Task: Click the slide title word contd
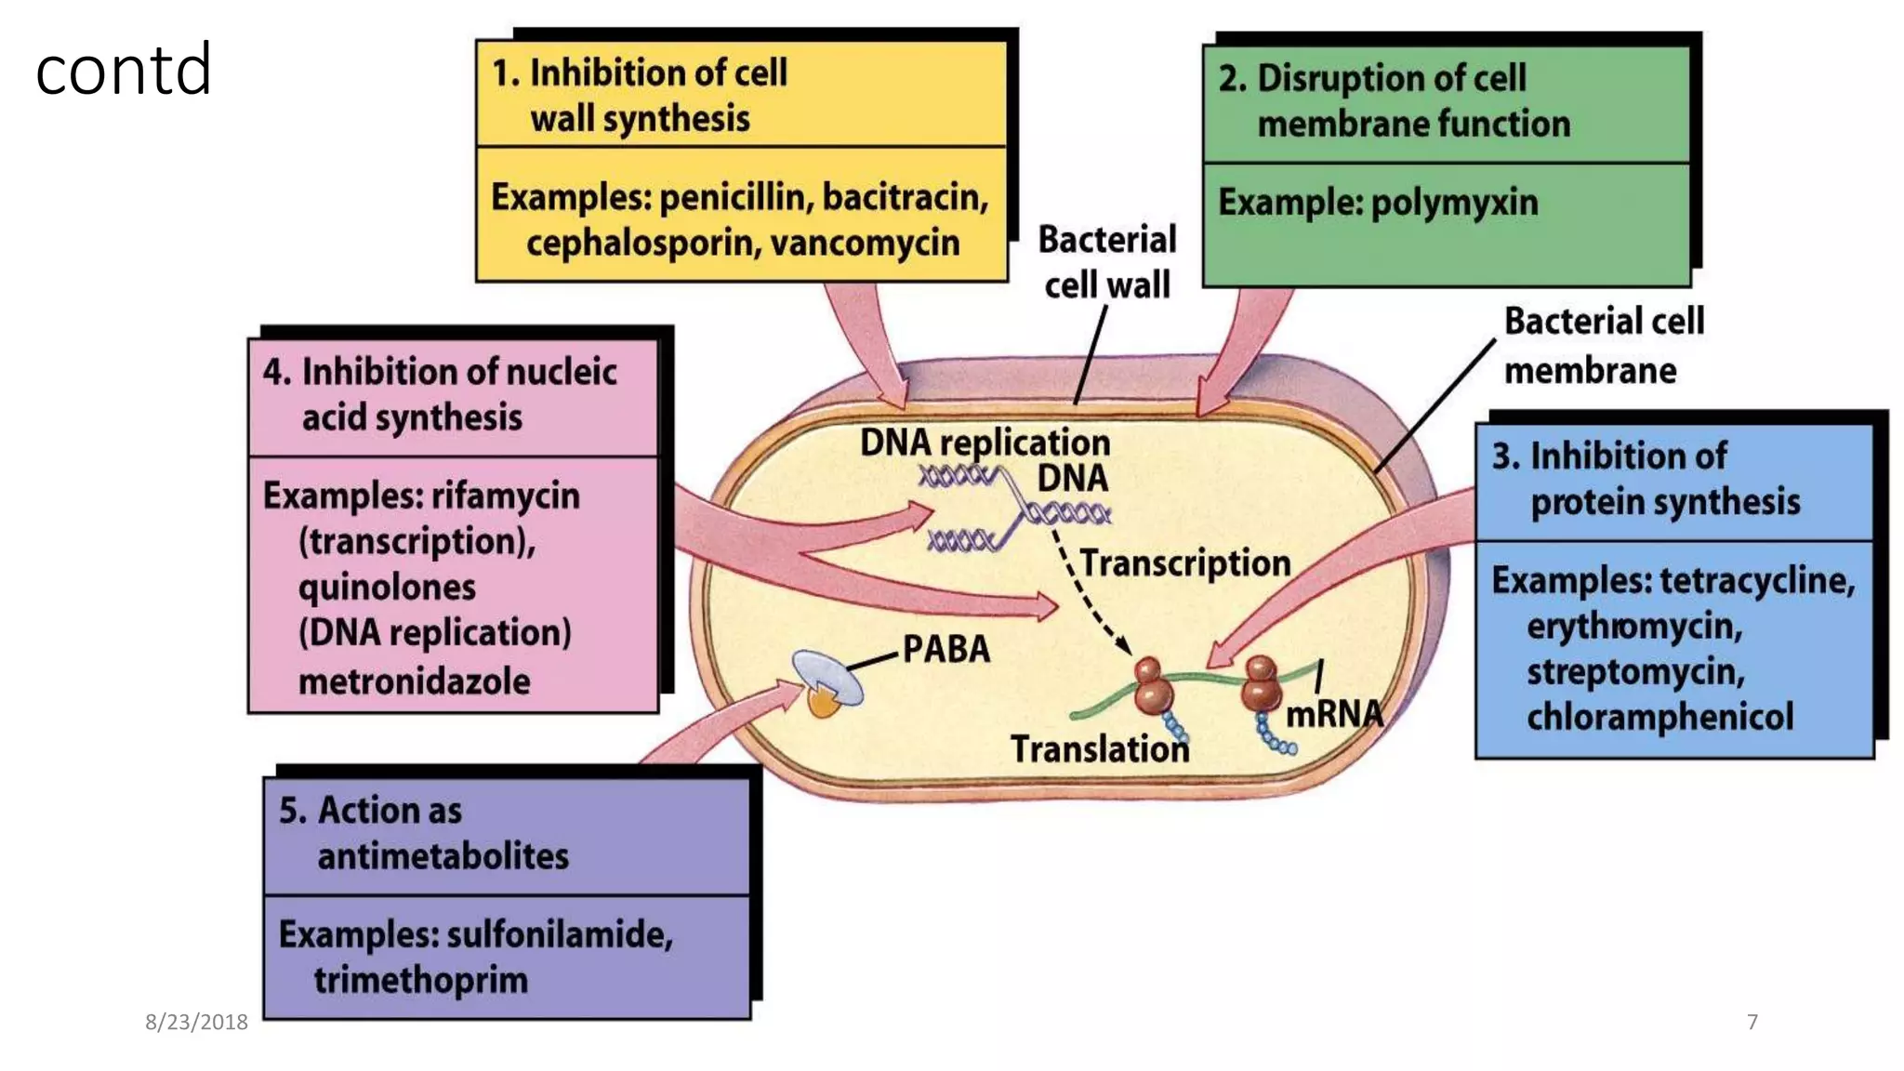tap(124, 71)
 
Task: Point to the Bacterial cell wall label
tap(1106, 262)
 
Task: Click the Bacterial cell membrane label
tap(1603, 345)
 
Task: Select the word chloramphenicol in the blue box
tap(1659, 717)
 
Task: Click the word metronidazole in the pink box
tap(414, 681)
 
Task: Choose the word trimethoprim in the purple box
tap(420, 980)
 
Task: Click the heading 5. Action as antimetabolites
tap(424, 833)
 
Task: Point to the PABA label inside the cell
tap(945, 649)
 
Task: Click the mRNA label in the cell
tap(1333, 714)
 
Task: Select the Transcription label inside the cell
tap(1184, 563)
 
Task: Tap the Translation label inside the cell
tap(1099, 749)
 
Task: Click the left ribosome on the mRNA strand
tap(1153, 686)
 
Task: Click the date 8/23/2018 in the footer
tap(196, 1022)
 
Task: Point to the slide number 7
tap(1752, 1022)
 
